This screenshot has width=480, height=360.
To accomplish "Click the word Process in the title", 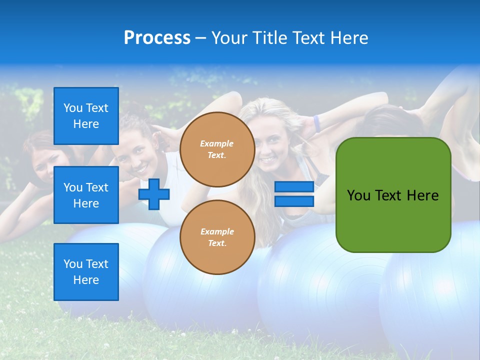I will [x=157, y=38].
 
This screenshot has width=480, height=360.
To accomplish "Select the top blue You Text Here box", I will [x=86, y=116].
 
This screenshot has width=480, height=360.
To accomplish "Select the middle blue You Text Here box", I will [x=86, y=195].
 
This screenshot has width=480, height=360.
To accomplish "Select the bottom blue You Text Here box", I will [x=86, y=272].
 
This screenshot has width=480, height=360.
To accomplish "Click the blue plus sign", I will [x=154, y=194].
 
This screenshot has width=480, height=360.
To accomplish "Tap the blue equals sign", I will [x=294, y=194].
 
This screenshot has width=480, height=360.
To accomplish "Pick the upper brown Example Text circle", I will [x=217, y=149].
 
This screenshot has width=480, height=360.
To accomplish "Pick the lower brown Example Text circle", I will [x=217, y=237].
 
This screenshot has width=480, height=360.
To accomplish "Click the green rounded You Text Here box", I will [x=393, y=195].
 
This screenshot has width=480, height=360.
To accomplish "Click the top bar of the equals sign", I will [x=294, y=187].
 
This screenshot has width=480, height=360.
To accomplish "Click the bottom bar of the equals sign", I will [x=294, y=201].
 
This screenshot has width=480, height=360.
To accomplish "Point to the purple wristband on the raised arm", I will [x=316, y=123].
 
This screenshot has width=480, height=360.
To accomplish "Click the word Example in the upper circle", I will [x=217, y=144].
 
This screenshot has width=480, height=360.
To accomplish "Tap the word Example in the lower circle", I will [x=217, y=232].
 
